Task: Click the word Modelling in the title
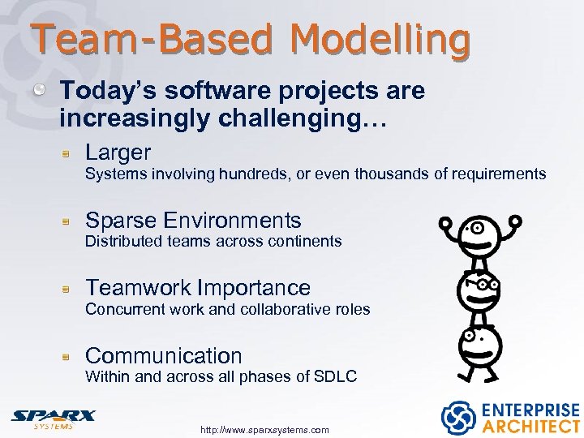click(380, 38)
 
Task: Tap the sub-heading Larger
click(118, 152)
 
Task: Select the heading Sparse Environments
click(193, 220)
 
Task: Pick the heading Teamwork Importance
click(198, 287)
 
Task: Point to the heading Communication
click(163, 355)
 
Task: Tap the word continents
click(305, 241)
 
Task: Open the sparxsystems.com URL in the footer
click(264, 430)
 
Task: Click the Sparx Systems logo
click(53, 418)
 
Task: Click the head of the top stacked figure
click(479, 235)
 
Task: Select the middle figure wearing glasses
click(479, 289)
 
